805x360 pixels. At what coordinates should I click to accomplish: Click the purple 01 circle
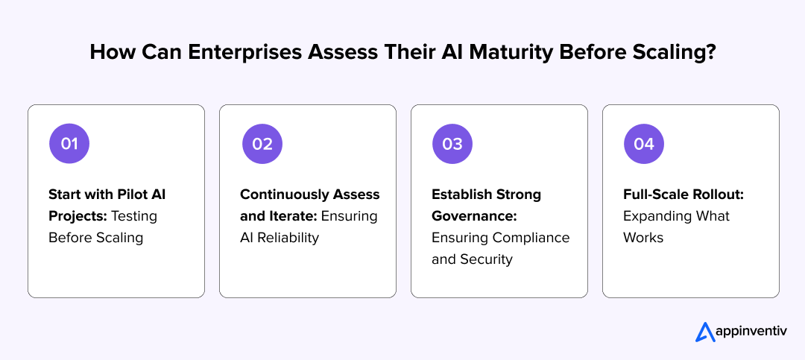click(69, 144)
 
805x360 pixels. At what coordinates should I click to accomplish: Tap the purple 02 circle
click(262, 144)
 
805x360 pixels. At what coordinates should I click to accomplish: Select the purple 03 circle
click(452, 144)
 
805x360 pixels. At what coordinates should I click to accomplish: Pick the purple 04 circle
click(643, 144)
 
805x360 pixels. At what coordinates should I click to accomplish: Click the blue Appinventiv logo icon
click(705, 332)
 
